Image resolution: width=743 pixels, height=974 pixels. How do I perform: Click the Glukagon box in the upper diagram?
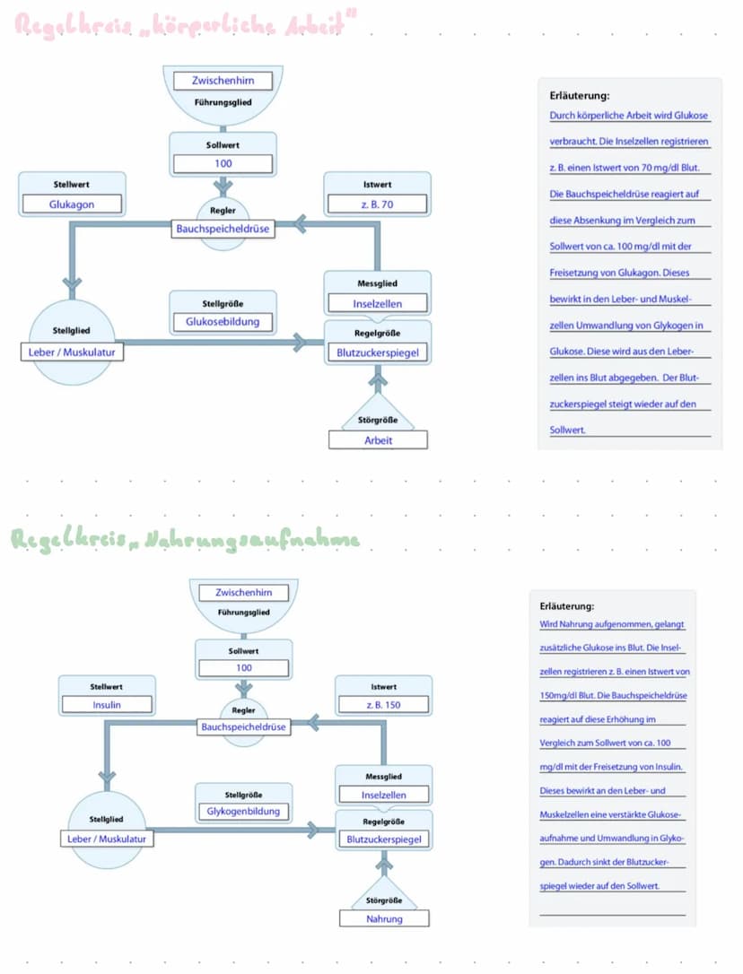(x=72, y=204)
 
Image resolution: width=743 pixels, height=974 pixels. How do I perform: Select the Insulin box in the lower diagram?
(x=107, y=705)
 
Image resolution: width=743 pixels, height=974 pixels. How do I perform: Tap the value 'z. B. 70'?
(x=377, y=204)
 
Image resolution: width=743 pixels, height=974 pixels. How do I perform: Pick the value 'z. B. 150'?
(x=383, y=705)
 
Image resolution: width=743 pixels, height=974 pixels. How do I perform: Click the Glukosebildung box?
(x=223, y=322)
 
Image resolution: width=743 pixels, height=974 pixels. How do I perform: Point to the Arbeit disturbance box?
(x=378, y=440)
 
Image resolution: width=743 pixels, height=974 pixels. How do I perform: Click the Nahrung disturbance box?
(x=384, y=918)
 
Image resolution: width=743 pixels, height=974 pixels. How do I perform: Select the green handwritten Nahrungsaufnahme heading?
(x=184, y=540)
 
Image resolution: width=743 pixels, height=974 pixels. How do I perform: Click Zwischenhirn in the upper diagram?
(x=223, y=81)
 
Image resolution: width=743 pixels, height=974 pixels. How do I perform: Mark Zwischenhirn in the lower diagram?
(x=244, y=593)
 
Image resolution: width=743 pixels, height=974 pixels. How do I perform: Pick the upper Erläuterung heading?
(x=579, y=95)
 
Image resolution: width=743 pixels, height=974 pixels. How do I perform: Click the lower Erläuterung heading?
(x=567, y=606)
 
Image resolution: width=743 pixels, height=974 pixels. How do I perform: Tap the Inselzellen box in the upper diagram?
(x=377, y=304)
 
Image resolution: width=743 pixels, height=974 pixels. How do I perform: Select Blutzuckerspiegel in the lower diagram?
(x=384, y=840)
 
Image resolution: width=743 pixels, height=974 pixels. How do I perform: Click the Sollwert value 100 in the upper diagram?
(x=223, y=163)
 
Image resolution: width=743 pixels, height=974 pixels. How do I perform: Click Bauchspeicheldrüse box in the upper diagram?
(x=223, y=229)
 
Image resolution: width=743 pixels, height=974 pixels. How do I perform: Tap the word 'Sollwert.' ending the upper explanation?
(x=568, y=430)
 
